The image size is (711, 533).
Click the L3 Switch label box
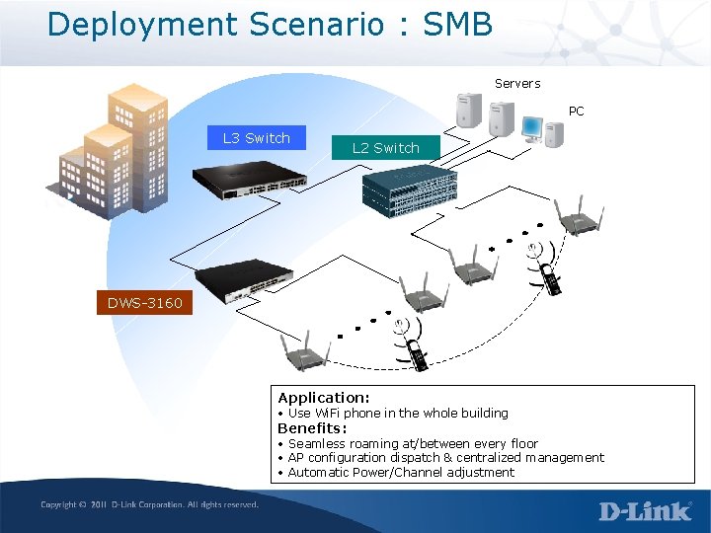pos(257,138)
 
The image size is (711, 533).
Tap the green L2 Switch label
pos(386,148)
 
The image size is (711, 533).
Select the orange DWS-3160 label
pos(146,303)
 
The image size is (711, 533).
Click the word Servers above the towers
pos(517,84)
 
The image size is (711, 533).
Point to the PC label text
pos(577,112)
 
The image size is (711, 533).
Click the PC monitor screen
pos(532,127)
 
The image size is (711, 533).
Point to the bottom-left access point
pos(300,351)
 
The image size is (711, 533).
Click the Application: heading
pos(324,398)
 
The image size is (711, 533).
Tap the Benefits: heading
pos(312,428)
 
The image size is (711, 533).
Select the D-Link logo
pos(646,510)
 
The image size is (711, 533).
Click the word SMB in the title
pos(457,24)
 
